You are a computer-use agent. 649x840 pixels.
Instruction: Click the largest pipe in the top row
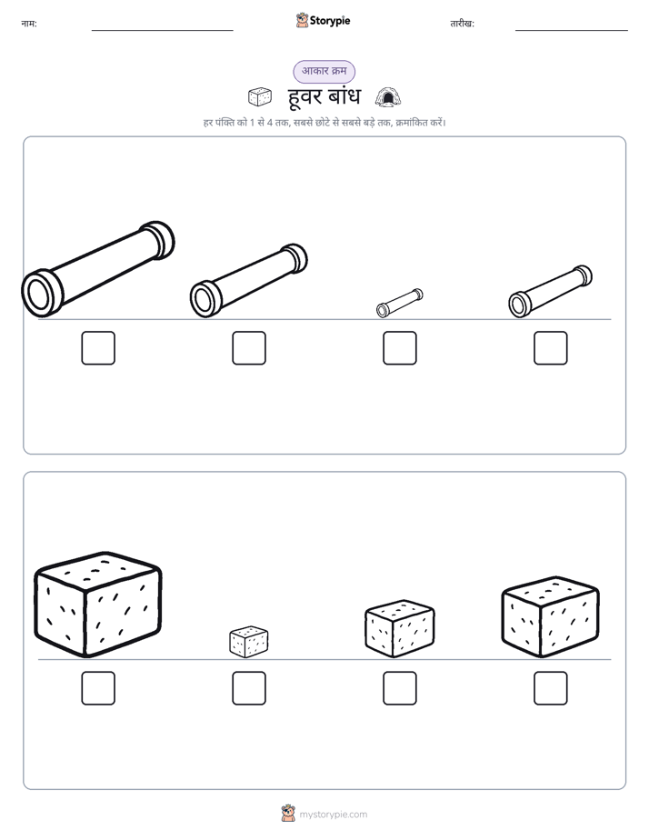click(98, 269)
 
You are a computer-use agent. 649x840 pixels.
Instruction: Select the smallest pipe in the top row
click(399, 304)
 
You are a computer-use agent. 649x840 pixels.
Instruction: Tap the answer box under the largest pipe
click(98, 348)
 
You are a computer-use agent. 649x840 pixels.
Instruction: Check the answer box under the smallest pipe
click(399, 348)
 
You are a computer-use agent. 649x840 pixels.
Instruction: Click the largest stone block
click(98, 605)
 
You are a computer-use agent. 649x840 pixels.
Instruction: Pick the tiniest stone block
click(249, 641)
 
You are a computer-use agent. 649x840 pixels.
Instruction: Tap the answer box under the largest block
click(98, 688)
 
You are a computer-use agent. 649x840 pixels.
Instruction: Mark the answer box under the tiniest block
click(249, 688)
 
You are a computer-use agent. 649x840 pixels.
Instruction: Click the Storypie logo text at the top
click(330, 21)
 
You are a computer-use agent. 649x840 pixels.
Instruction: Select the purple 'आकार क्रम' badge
click(324, 71)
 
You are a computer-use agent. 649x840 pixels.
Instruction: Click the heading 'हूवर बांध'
click(324, 97)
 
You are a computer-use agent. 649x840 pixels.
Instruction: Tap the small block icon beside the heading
click(260, 97)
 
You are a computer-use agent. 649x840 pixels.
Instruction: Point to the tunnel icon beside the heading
click(388, 97)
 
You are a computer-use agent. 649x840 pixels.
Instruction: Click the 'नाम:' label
click(29, 24)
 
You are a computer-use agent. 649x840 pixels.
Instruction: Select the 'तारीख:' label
click(462, 24)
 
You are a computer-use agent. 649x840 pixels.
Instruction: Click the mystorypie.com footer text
click(333, 815)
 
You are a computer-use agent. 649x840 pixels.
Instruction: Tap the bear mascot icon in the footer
click(288, 814)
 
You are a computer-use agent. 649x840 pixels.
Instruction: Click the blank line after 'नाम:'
click(162, 31)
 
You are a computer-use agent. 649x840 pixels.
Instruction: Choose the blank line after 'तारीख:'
click(572, 31)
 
